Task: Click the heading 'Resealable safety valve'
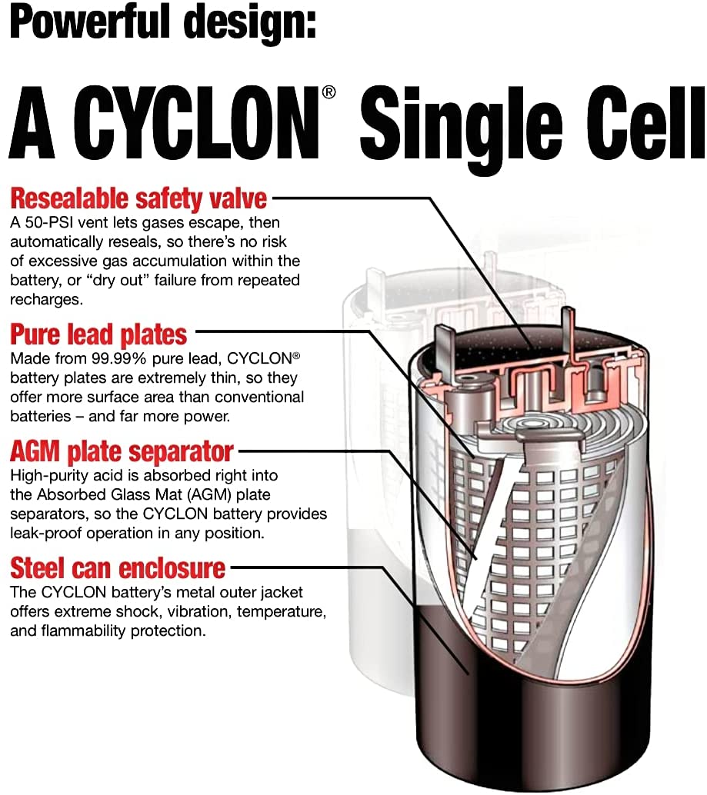point(138,198)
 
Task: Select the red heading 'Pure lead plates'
point(98,334)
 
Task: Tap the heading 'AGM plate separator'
point(122,451)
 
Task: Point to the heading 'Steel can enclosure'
point(118,568)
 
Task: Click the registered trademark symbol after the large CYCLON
point(328,92)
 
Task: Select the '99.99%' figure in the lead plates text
point(119,358)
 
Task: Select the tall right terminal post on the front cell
point(569,332)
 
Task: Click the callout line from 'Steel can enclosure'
point(350,608)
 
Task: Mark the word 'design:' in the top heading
point(249,23)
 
